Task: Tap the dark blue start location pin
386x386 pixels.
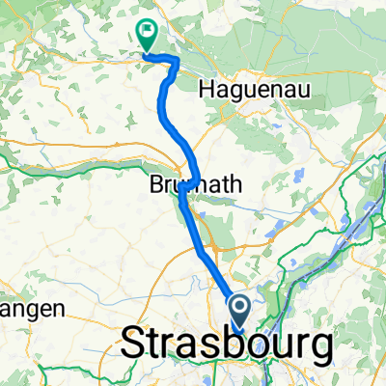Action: [238, 312]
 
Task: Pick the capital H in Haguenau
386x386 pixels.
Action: [205, 90]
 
